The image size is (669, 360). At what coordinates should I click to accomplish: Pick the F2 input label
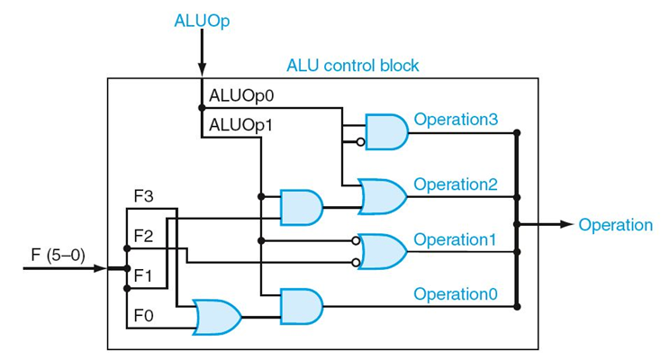coord(143,237)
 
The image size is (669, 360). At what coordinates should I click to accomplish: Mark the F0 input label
coord(143,317)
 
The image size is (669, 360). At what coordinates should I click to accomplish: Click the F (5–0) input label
coord(53,255)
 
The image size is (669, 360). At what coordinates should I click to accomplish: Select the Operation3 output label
coord(455,120)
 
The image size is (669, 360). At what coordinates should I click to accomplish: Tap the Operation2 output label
coord(455,184)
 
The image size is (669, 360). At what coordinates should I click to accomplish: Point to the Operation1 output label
coord(455,239)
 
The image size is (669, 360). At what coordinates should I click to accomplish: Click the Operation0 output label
coord(455,294)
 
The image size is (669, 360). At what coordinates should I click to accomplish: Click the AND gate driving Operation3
coord(385,132)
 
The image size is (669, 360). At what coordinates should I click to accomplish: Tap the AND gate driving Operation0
coord(301,306)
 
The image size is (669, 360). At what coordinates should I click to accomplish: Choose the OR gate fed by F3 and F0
coord(217,317)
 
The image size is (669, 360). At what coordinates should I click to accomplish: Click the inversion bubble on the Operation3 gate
coord(360,142)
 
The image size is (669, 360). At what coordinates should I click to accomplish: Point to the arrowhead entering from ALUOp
coord(202,71)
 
